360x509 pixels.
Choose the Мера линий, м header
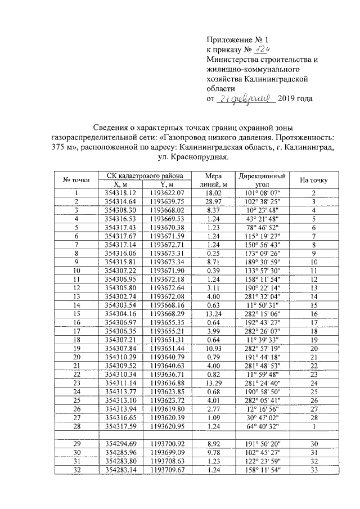pyautogui.click(x=213, y=179)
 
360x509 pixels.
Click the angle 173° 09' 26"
pyautogui.click(x=261, y=254)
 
